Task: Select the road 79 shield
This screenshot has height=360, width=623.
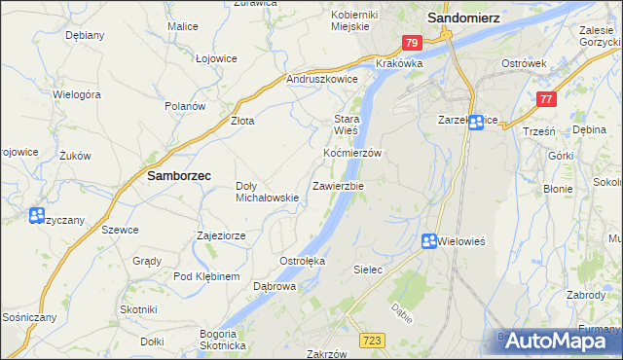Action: tap(412, 43)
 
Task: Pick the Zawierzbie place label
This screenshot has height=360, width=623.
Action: tap(338, 185)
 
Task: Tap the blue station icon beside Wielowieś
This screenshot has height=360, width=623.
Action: tap(429, 241)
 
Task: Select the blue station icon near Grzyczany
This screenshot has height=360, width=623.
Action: tap(37, 216)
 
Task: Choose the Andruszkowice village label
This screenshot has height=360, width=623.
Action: tap(322, 79)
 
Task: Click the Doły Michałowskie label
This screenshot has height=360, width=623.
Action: tap(268, 192)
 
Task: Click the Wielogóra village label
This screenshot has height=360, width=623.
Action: tap(77, 95)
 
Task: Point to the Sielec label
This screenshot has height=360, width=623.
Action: tap(367, 268)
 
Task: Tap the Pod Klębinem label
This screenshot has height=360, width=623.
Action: tap(206, 277)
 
